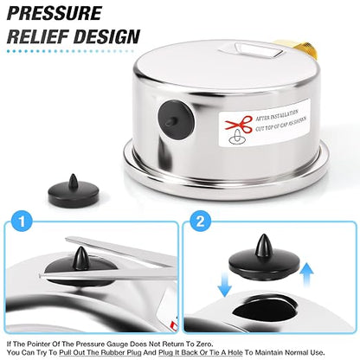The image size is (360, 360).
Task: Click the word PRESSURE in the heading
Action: tap(55, 13)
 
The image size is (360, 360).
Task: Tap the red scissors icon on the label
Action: tap(239, 125)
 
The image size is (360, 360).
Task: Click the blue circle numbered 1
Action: tap(22, 222)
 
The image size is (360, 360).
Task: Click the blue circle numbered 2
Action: tap(200, 222)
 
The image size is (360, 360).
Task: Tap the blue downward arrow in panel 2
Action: tap(225, 286)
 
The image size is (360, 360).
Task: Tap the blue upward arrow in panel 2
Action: tap(307, 274)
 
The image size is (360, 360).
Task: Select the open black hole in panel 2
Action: tap(265, 309)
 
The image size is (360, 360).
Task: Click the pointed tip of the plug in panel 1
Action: tap(80, 247)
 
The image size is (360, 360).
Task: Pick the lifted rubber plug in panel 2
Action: tap(264, 257)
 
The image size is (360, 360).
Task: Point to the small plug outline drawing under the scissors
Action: tap(237, 138)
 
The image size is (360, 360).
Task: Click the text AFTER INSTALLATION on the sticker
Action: tap(277, 115)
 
